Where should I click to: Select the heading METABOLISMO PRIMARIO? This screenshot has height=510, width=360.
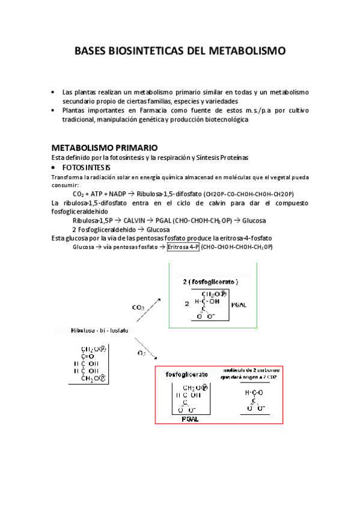pyautogui.click(x=105, y=147)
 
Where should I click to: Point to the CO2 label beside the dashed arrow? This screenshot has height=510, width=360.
pyautogui.click(x=138, y=307)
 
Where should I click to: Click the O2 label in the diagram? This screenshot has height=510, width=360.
pyautogui.click(x=141, y=353)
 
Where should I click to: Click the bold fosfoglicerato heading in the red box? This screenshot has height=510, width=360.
pyautogui.click(x=186, y=373)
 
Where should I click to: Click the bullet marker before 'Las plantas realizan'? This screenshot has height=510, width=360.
pyautogui.click(x=54, y=92)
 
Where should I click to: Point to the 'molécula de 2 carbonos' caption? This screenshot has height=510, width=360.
pyautogui.click(x=251, y=373)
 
